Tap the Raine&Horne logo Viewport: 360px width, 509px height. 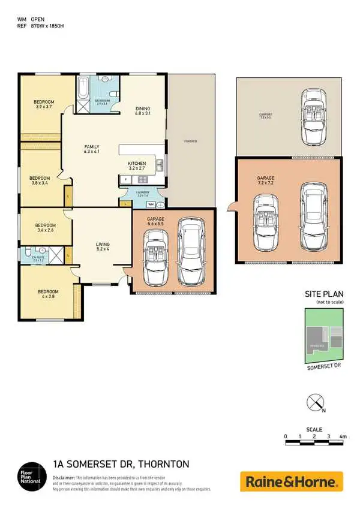(292, 481)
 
